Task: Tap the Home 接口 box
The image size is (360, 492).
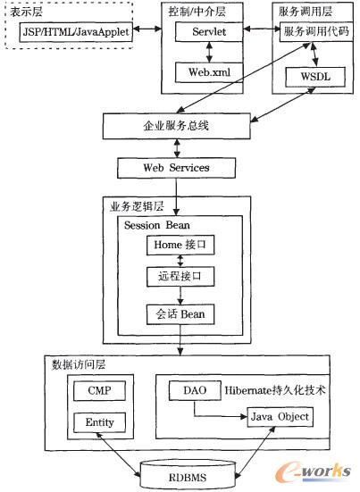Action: coord(182,245)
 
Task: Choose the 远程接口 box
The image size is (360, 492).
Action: coord(182,277)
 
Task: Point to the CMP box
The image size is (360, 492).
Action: coord(99,391)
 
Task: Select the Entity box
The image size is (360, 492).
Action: coord(99,422)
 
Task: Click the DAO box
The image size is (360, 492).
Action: coord(195,391)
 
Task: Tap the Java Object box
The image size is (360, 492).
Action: coord(280,415)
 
